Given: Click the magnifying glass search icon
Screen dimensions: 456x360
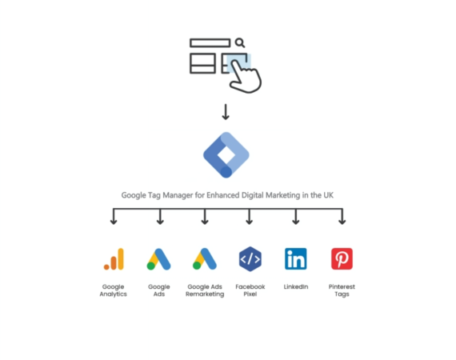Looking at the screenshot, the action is [240, 42].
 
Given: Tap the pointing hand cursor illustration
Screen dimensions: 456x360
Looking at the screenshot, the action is [245, 76].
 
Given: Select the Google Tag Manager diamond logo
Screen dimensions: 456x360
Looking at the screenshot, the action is [226, 154].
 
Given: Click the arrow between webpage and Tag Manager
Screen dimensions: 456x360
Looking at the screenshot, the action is [226, 112].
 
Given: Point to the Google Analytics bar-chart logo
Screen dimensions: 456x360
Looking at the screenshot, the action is [114, 259].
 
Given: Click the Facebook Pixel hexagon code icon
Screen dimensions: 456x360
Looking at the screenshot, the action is [250, 259].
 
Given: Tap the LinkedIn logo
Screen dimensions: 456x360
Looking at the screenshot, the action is [296, 258].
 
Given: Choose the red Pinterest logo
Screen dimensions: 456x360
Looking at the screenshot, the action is [342, 258].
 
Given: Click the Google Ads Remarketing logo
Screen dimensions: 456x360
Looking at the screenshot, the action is [205, 259].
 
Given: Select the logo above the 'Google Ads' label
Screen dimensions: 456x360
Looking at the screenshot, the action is [158, 259].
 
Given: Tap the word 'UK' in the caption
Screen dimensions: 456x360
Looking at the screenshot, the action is [328, 195].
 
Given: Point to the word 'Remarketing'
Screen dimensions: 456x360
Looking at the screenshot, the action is [205, 294].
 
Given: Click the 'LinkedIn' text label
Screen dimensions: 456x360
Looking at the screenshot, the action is [296, 286].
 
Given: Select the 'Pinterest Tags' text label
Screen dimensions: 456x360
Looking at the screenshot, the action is [342, 290].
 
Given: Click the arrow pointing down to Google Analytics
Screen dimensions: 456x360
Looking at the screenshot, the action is [114, 216].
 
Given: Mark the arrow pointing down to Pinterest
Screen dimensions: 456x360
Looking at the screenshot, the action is [342, 216].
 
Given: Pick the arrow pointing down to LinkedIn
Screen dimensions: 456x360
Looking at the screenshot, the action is [296, 216].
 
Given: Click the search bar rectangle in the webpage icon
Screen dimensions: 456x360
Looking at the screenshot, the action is [210, 42].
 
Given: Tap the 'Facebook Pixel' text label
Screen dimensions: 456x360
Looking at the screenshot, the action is [250, 290].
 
